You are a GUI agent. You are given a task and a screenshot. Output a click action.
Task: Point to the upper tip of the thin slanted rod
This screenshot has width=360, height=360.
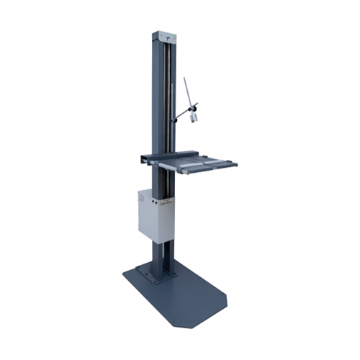pos(184,78)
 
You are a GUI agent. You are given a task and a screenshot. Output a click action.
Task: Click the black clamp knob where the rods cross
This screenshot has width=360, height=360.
pos(192,107)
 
